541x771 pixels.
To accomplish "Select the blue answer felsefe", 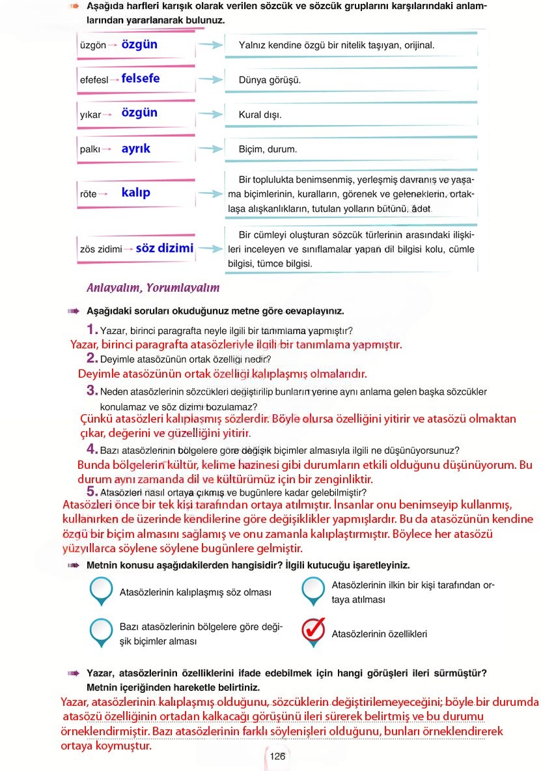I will (140, 79).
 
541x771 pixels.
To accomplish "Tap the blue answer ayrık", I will (135, 149).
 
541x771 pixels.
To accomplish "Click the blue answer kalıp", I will (135, 193).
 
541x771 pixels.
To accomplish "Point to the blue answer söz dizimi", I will (165, 248).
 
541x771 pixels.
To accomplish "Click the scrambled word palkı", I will (90, 150).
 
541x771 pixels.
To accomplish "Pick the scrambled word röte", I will (88, 194).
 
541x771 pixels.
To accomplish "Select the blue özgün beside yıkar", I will (139, 113).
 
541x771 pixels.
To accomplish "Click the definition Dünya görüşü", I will (270, 81).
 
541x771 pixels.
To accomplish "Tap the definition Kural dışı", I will (260, 115).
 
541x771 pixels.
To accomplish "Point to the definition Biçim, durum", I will (268, 150).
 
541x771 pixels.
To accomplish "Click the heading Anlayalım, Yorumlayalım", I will (153, 288).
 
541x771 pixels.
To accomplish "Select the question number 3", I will (92, 391).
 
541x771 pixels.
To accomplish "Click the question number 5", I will (92, 492).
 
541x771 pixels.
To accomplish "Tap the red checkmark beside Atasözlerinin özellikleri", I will (314, 630).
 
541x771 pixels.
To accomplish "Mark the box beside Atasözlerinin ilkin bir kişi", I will (314, 590).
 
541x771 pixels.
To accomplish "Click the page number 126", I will (277, 756).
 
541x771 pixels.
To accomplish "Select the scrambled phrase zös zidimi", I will (101, 249).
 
